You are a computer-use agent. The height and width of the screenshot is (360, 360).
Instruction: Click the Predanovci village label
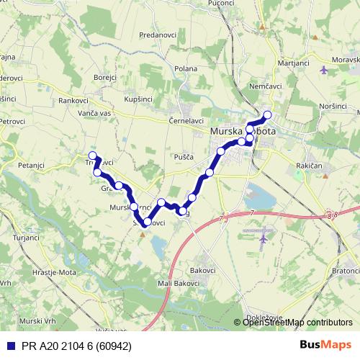pos(158,34)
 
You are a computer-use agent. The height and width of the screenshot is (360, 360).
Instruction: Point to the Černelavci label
pos(186,121)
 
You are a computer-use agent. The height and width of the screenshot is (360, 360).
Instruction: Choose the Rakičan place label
pos(309,166)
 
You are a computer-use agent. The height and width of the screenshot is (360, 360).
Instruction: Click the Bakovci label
pos(203,269)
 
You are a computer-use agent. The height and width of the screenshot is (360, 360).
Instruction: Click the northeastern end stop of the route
pos(268,114)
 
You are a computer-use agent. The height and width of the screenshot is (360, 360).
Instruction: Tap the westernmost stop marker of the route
pos(91,156)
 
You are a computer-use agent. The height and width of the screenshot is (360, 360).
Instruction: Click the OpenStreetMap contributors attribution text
pos(297,322)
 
